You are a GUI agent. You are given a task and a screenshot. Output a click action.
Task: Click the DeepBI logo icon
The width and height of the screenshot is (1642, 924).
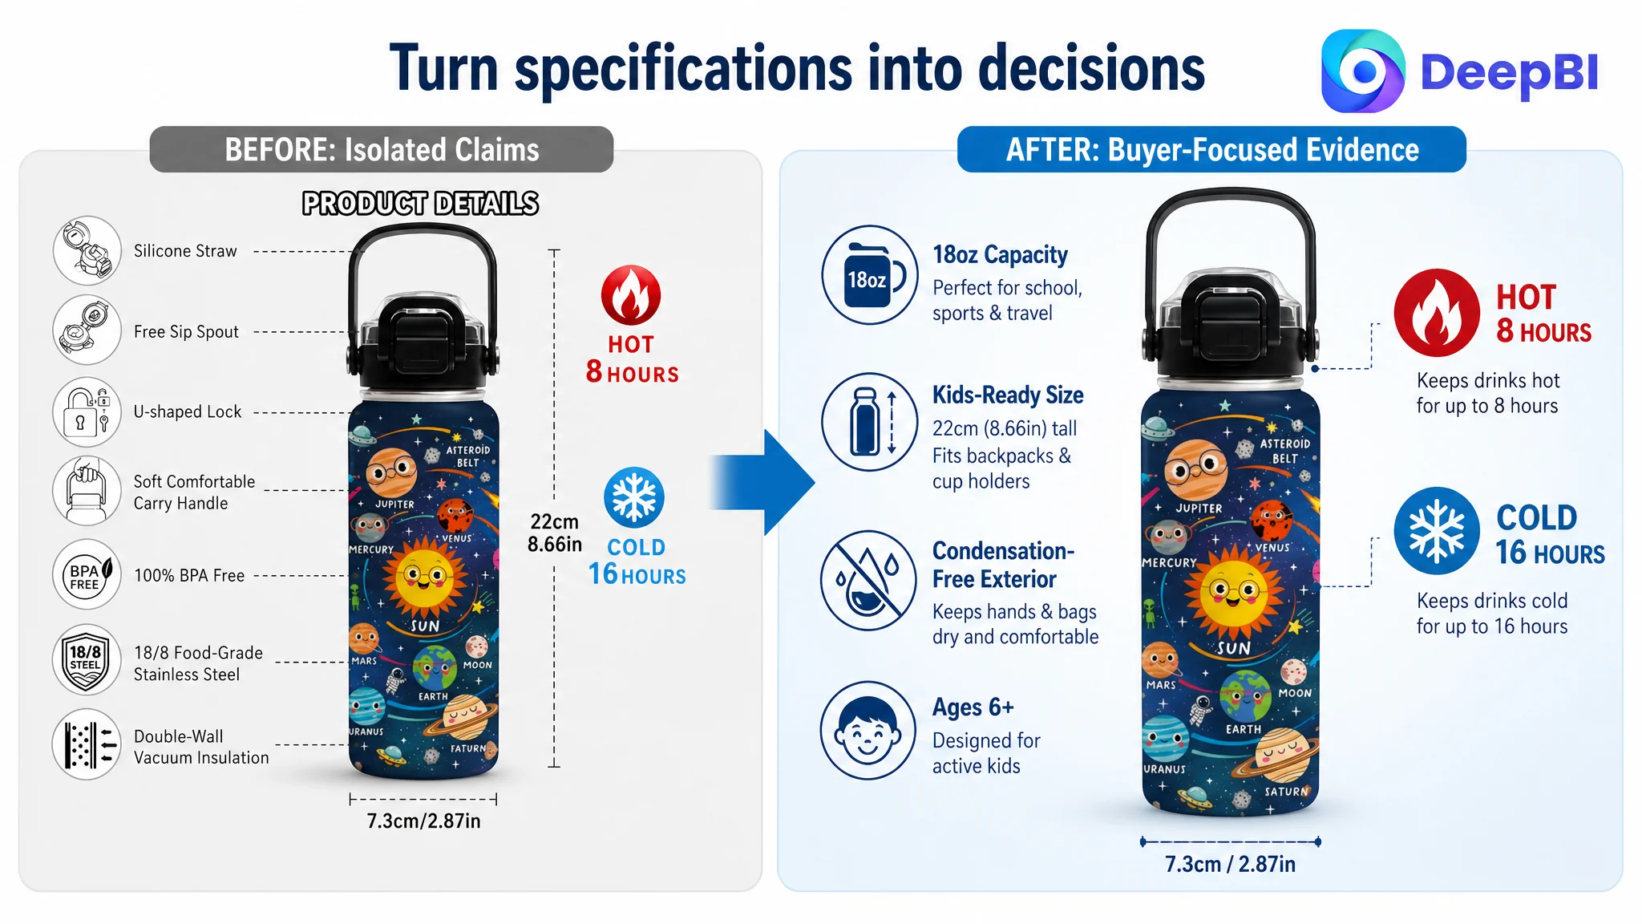coord(1363,71)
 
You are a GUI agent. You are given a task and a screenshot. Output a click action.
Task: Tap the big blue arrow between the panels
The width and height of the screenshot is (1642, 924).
coord(762,482)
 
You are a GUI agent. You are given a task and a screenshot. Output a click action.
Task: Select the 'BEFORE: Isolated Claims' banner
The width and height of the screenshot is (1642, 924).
coord(382,149)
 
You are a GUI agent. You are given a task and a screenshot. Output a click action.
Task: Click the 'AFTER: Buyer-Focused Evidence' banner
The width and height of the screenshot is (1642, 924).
coord(1211,149)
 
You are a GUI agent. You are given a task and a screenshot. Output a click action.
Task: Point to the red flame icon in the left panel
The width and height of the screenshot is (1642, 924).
coord(631,294)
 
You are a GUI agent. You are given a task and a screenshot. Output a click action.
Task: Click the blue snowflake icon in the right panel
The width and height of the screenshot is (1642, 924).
coord(1437,530)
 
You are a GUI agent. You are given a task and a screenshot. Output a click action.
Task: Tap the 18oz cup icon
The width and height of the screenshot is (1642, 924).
coord(870,275)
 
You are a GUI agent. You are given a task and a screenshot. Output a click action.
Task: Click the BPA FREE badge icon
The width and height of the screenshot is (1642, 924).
coord(87,574)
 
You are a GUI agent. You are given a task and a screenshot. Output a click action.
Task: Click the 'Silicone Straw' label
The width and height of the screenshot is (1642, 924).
coord(185,251)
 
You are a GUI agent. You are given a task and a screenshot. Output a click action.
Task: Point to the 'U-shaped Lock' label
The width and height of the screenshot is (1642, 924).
coord(188,411)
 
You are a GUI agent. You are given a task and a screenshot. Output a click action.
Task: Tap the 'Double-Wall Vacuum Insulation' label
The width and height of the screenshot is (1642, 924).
coord(201,747)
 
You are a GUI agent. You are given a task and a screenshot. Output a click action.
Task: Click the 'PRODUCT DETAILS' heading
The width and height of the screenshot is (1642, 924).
coord(420,204)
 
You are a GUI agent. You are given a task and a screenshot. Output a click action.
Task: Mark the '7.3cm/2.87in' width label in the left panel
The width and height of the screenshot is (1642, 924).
coord(423,821)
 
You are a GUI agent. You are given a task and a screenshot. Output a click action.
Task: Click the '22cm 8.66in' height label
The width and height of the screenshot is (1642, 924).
coord(554,533)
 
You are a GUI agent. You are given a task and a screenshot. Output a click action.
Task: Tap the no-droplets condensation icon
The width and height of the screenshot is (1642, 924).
coord(868,580)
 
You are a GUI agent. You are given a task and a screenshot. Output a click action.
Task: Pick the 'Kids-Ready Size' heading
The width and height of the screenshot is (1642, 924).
coord(1008,395)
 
